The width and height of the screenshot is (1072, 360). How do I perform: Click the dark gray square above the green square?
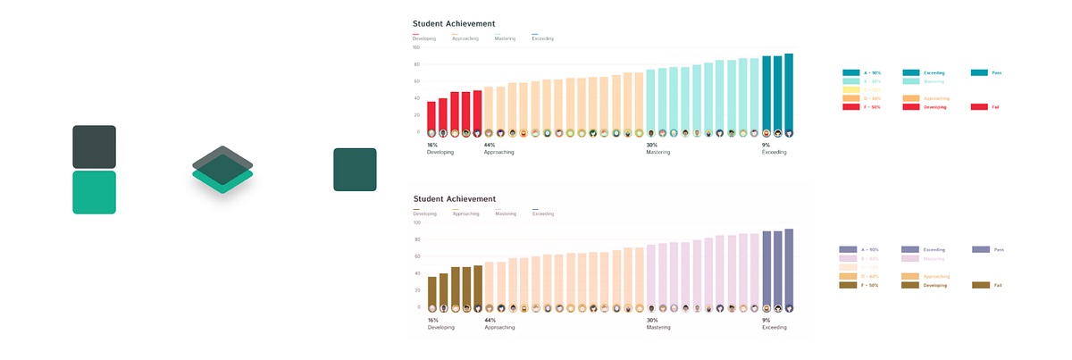(94, 147)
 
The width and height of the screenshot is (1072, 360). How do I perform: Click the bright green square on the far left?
(94, 192)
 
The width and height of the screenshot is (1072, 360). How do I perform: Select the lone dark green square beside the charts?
(355, 170)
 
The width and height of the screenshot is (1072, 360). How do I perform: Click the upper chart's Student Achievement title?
(454, 23)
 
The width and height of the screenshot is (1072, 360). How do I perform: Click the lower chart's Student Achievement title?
(454, 198)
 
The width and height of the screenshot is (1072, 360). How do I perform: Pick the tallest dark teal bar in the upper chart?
(789, 92)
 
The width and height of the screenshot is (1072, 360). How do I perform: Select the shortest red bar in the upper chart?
(431, 116)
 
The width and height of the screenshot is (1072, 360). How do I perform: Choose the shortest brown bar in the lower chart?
(431, 290)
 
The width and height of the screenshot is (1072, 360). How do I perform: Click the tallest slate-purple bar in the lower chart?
(789, 267)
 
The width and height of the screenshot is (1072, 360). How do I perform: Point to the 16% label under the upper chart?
(432, 145)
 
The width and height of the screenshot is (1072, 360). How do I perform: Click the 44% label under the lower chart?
(490, 320)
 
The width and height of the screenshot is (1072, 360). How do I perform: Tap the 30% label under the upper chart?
(652, 145)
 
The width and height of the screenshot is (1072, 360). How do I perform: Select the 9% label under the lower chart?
(766, 320)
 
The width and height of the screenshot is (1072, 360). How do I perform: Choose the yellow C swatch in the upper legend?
(851, 90)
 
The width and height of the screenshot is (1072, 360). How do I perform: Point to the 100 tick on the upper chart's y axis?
(416, 47)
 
